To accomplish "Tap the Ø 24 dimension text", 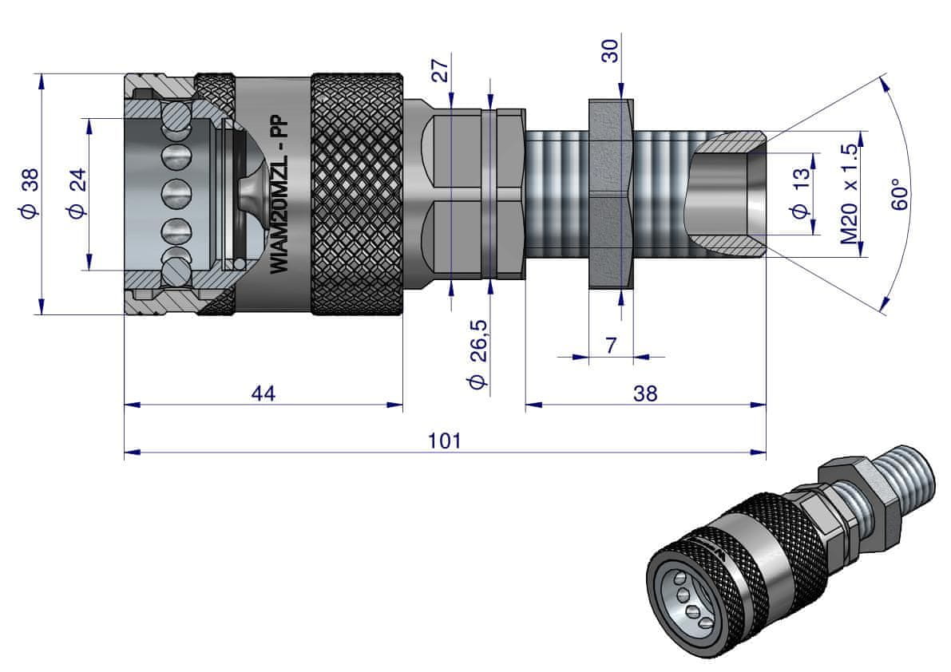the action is coord(77,193).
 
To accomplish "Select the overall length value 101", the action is coord(445,441).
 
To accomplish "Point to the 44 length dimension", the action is coord(264,393).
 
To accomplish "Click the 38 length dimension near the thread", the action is coord(644,393).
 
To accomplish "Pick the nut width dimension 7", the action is coord(611,346).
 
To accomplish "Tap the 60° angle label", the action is coord(900,194).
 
